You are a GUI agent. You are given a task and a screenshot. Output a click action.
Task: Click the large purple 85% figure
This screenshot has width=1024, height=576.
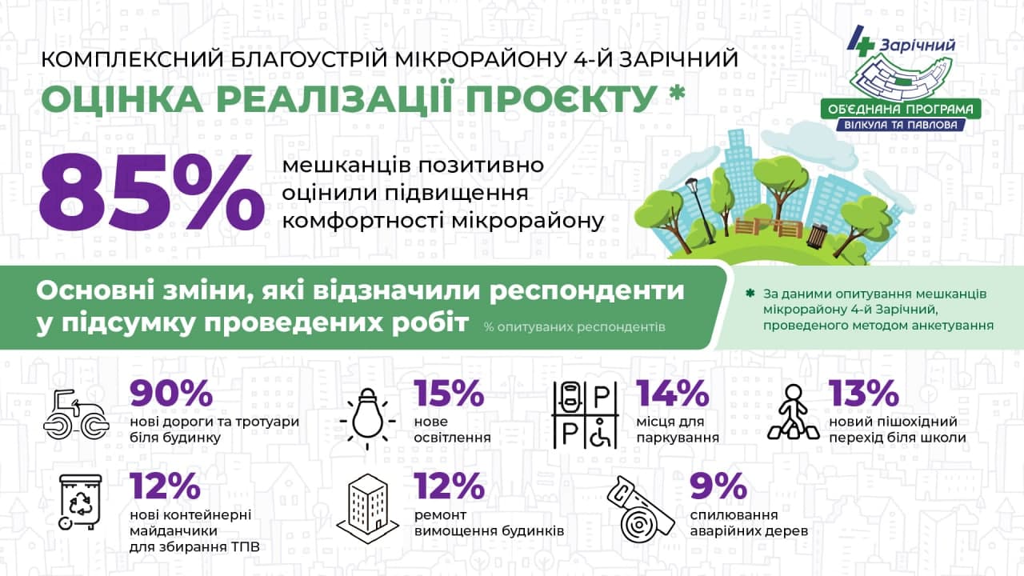pos(152,194)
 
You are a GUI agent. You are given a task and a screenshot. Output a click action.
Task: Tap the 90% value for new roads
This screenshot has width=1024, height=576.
pos(171,394)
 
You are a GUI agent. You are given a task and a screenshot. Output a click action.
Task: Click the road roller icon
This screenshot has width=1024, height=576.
pos(76,415)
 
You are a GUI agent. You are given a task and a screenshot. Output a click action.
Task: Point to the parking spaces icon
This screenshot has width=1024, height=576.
pos(585,415)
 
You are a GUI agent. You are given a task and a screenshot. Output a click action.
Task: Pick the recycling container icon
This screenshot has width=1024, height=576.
pos(81,502)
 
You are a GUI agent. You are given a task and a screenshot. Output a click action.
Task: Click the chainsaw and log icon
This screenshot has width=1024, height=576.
pos(641,510)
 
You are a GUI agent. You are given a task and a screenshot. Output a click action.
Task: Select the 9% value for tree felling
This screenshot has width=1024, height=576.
pos(718,486)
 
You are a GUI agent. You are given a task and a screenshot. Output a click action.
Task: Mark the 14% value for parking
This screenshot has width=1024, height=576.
pos(673,394)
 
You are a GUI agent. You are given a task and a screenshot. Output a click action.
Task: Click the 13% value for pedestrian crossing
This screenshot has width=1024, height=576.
pos(864,394)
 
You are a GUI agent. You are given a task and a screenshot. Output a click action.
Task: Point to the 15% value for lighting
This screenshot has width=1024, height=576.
pos(450,394)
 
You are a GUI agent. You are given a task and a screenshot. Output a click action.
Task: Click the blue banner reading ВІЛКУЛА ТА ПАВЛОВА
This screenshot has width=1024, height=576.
pos(901,125)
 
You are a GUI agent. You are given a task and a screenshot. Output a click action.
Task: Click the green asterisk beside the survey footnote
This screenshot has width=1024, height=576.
pos(750,294)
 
